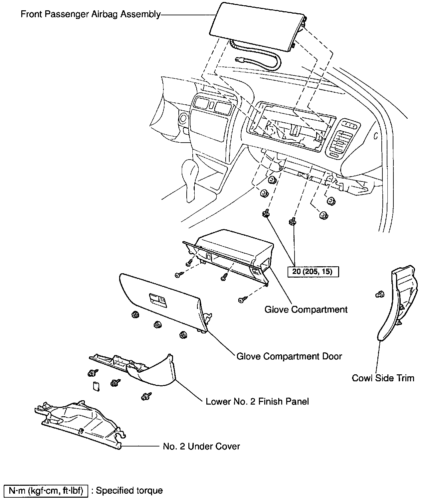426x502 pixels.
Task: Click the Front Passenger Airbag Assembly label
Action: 91,14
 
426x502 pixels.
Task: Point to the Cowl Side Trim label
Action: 383,378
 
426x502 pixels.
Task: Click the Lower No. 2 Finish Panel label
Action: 257,402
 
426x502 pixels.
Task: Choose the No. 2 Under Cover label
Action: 201,446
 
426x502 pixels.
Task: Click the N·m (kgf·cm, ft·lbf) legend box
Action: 46,491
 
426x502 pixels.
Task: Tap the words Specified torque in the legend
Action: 129,491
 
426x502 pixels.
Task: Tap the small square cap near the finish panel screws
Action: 96,387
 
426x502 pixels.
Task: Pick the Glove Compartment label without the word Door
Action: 306,310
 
